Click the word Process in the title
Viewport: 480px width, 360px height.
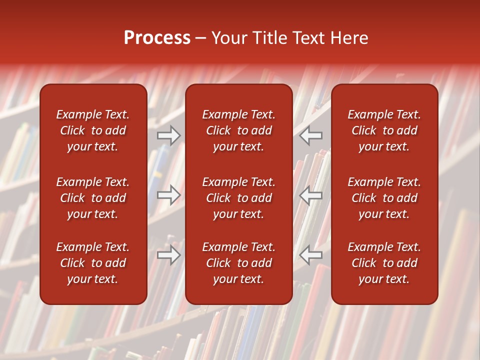[x=157, y=38]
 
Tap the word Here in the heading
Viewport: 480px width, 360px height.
[x=349, y=38]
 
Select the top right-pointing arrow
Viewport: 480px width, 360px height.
[x=169, y=135]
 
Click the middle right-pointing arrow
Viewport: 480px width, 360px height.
[x=169, y=195]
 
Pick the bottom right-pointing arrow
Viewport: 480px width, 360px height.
[x=169, y=255]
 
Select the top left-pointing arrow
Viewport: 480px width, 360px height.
[x=310, y=135]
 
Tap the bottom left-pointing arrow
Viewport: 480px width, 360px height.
[x=310, y=255]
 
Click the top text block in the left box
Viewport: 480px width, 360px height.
[x=93, y=130]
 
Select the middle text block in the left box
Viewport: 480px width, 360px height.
[x=93, y=198]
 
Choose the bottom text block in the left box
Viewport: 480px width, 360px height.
[x=93, y=263]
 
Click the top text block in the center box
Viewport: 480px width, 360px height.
[x=239, y=130]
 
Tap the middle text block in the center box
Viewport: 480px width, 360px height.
[x=239, y=198]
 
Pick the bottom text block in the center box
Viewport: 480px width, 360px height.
[x=239, y=263]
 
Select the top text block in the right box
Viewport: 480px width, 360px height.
[x=384, y=130]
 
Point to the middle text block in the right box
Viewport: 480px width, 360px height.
[x=384, y=198]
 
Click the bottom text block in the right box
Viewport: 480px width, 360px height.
[x=384, y=263]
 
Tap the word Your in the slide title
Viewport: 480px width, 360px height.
[x=228, y=38]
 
